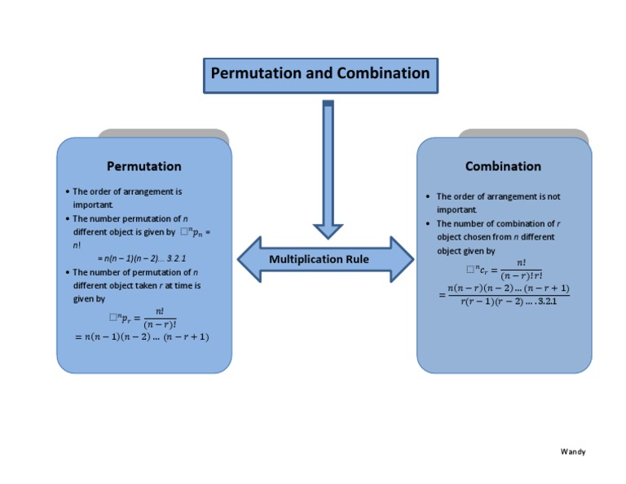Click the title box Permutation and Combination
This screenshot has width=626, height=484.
coord(320,74)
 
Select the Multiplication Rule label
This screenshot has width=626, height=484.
coord(319,259)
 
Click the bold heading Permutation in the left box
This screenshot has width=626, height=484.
coord(144,166)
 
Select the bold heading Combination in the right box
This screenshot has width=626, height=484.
coord(503,166)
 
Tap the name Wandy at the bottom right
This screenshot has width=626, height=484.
coord(573,451)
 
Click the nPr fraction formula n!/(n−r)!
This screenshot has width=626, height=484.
coord(143,318)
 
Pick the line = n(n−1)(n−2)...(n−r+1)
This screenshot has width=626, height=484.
coord(142,337)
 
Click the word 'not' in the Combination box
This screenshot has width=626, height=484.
coord(553,196)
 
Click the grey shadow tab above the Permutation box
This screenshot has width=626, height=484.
coord(163,134)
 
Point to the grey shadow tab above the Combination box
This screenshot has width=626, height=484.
coord(522,134)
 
